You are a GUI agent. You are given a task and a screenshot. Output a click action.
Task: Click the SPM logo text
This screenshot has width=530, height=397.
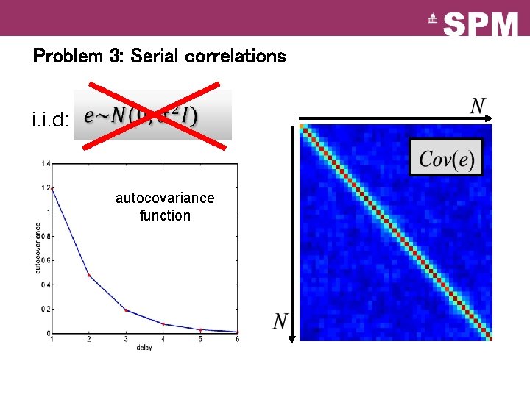481,26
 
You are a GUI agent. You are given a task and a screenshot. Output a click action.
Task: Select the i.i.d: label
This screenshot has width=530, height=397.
50,118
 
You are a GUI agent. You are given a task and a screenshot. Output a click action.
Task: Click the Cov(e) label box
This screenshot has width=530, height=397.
446,157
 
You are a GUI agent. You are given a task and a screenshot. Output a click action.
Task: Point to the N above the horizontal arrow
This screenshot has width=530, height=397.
478,107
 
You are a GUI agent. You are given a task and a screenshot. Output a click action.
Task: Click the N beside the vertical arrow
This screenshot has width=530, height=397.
280,321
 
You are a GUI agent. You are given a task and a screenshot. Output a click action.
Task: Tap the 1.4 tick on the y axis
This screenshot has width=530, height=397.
45,163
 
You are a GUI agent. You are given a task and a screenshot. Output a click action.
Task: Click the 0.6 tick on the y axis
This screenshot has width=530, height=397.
45,260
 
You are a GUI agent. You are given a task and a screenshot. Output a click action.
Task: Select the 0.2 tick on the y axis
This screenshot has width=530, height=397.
45,310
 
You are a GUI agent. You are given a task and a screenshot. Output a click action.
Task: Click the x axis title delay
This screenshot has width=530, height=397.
144,348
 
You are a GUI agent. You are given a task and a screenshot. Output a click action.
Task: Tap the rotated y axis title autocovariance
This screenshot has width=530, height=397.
38,248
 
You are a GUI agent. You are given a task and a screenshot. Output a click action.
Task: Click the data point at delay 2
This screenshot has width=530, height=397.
89,276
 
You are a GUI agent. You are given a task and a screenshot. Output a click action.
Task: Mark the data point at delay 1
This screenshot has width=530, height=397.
52,188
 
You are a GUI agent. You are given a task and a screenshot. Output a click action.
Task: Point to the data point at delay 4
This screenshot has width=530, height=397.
163,324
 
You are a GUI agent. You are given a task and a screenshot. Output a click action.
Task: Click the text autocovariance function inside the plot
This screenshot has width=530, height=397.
165,207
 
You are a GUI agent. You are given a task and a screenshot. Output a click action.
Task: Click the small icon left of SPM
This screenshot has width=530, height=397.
433,22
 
